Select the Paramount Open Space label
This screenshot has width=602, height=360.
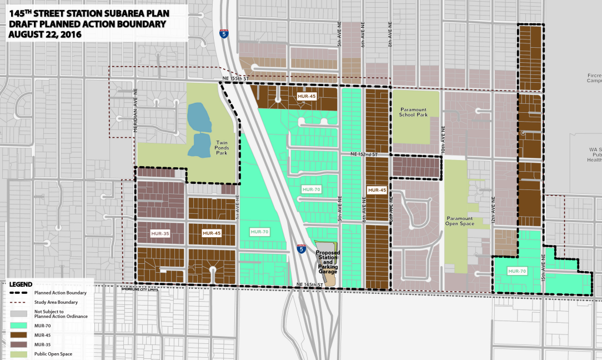coord(460,221)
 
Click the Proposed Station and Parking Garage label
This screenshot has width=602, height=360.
coord(327,262)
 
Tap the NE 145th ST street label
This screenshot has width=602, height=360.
coord(310,284)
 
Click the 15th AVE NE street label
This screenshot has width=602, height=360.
coord(543,266)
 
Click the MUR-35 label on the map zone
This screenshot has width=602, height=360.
coord(159,233)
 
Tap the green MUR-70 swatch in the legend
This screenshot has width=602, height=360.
coord(19,324)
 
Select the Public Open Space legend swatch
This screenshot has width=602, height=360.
coord(19,354)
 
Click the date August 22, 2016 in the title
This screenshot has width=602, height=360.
coord(44,34)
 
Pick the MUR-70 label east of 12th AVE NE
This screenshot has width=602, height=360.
coord(516,271)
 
